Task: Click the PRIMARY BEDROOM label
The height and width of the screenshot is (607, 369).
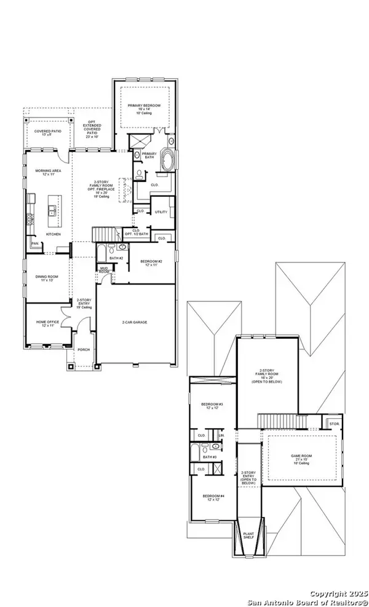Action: pyautogui.click(x=144, y=106)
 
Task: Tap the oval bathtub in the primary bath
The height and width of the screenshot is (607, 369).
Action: pyautogui.click(x=167, y=162)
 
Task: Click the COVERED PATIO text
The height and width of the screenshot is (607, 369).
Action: pyautogui.click(x=47, y=131)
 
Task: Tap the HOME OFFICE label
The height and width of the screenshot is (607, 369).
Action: pyautogui.click(x=47, y=322)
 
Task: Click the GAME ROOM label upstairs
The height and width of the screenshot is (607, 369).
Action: pyautogui.click(x=303, y=457)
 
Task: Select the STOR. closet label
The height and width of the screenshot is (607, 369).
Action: pyautogui.click(x=334, y=424)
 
